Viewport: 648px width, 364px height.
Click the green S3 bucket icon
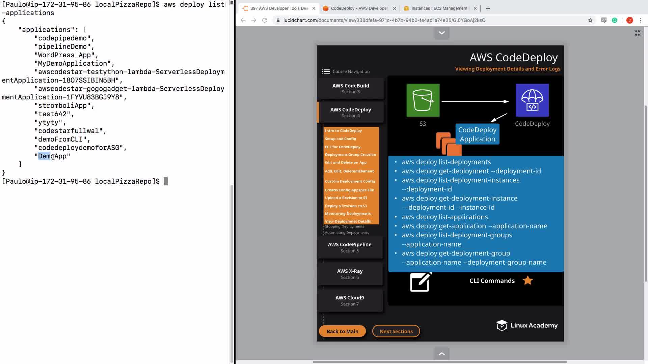tap(423, 100)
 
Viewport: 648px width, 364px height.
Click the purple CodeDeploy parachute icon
tap(532, 100)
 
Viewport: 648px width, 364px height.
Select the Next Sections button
tap(396, 331)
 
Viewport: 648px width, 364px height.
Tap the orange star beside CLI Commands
tap(528, 280)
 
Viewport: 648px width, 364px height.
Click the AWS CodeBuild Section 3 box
tap(351, 89)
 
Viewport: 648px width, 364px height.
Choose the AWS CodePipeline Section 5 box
tap(350, 247)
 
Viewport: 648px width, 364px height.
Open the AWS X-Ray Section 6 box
tap(350, 274)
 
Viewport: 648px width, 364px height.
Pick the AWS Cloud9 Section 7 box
tap(350, 301)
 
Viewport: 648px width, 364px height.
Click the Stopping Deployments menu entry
tap(344, 226)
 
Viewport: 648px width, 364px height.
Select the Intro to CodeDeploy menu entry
tap(343, 131)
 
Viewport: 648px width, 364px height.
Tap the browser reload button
tap(265, 20)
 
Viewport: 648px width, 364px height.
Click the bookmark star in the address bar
tap(590, 20)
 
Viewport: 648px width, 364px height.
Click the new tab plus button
tap(488, 8)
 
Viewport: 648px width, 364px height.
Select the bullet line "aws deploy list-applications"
tap(444, 217)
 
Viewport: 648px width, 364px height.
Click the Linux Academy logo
tap(526, 325)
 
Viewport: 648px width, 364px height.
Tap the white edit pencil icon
tap(421, 282)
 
